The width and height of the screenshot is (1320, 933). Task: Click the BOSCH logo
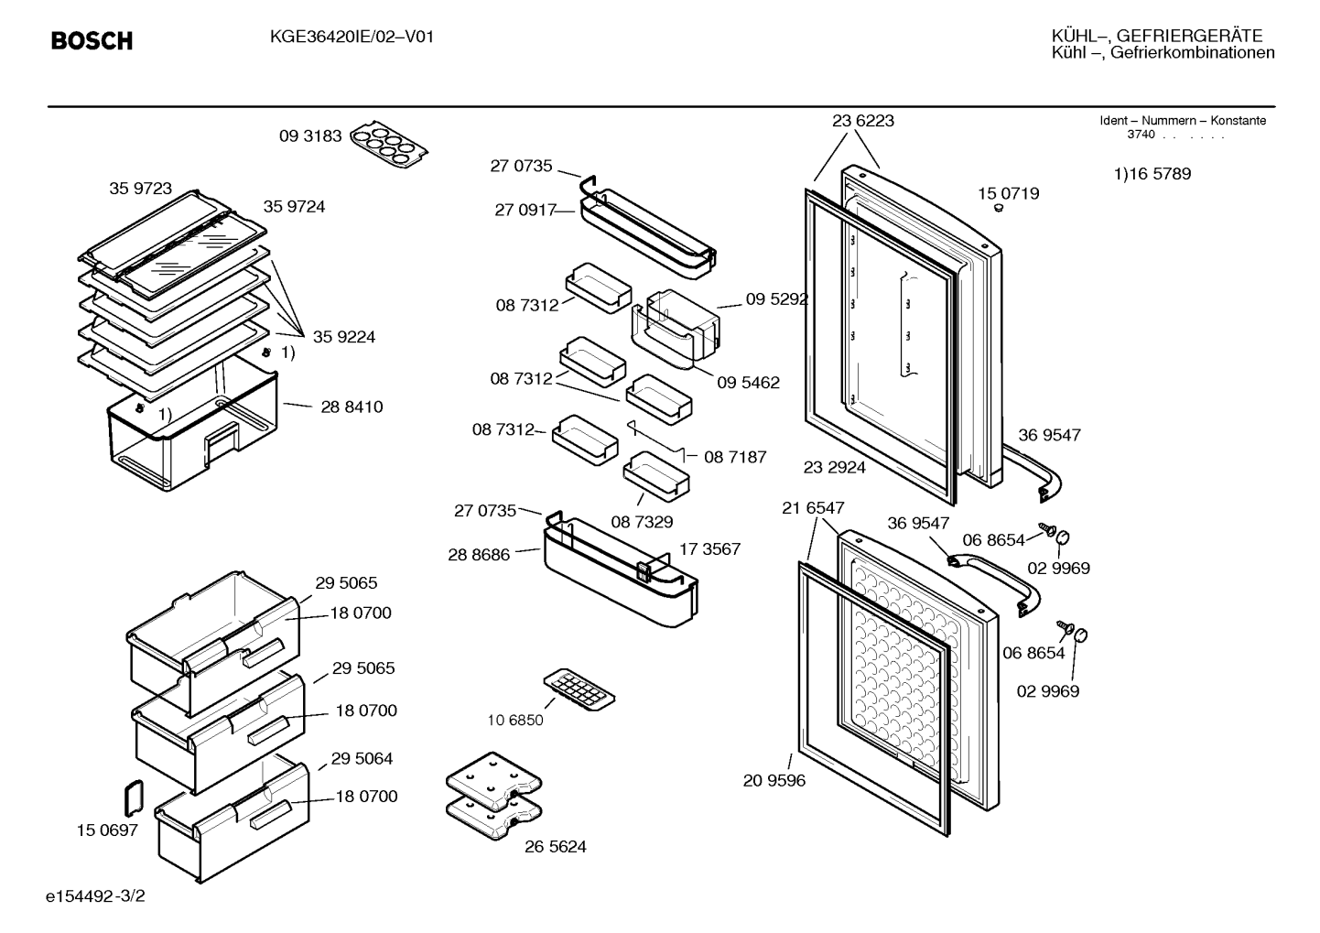(92, 40)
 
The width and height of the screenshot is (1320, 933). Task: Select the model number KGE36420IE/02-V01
(352, 38)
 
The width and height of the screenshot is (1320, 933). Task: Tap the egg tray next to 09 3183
(389, 146)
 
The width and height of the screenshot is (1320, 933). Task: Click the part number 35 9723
(140, 189)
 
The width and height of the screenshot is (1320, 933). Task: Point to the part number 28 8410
(352, 407)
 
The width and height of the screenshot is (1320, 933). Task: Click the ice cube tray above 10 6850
(579, 689)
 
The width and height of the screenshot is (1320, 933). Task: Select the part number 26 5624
(556, 846)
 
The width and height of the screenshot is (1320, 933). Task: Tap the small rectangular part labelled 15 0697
(134, 797)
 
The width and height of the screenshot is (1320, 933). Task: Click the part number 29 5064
(362, 758)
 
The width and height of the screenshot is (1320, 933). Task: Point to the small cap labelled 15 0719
(999, 208)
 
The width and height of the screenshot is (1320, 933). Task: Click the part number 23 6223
(862, 121)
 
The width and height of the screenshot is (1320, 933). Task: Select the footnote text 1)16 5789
(1152, 174)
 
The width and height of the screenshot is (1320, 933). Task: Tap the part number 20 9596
(774, 780)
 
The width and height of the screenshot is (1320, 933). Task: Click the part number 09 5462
(749, 383)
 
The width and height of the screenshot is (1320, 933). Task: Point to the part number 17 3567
(710, 549)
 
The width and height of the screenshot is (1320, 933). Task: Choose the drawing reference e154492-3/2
(95, 896)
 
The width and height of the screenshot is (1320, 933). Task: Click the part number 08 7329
(642, 522)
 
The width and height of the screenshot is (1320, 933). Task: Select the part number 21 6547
(813, 508)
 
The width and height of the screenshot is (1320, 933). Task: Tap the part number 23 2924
(835, 468)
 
